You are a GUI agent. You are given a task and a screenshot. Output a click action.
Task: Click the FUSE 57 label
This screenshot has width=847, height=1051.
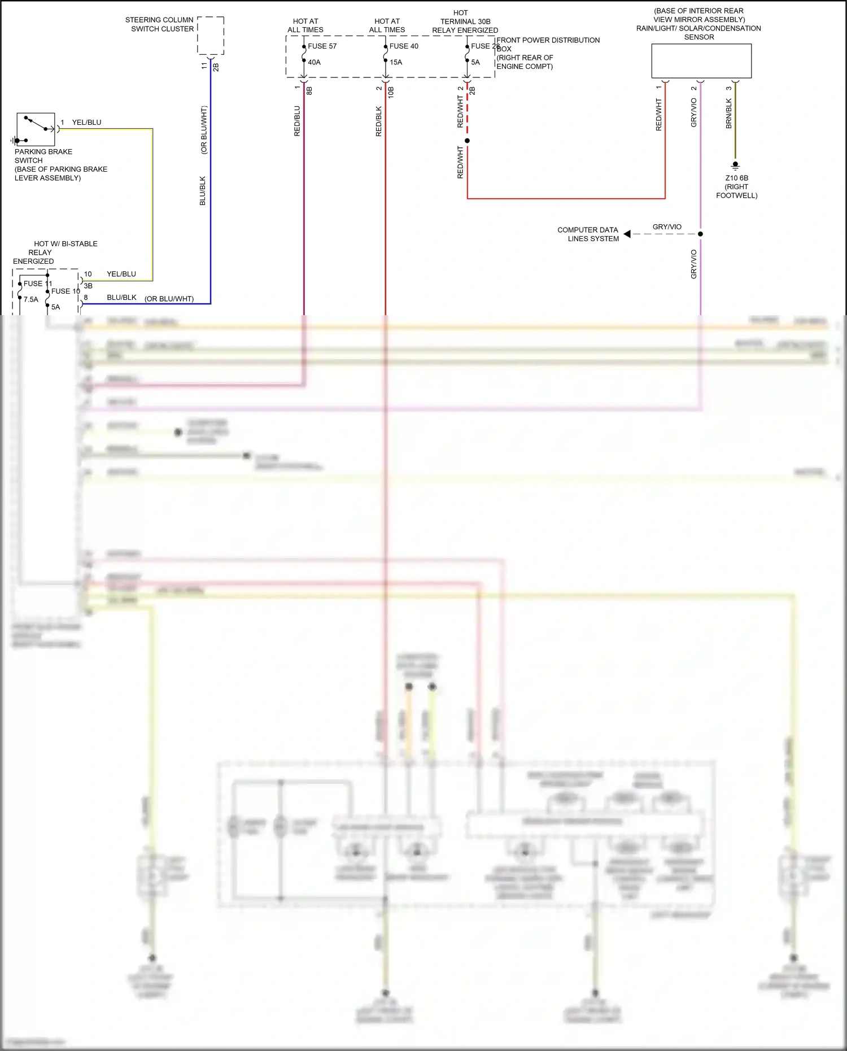(x=322, y=46)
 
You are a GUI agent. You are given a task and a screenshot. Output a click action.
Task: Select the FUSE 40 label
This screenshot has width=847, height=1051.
(x=404, y=46)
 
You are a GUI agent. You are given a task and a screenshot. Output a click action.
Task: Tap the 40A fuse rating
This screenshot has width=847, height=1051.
(x=314, y=62)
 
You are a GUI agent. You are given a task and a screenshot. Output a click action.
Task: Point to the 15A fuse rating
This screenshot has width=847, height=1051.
(x=396, y=62)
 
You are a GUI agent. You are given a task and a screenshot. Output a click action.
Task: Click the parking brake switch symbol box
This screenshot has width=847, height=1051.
(x=36, y=130)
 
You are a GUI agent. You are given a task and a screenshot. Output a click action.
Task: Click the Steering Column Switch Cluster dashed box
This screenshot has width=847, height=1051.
(x=211, y=36)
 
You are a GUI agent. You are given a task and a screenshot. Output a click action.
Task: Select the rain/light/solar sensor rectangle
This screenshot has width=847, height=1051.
(x=701, y=61)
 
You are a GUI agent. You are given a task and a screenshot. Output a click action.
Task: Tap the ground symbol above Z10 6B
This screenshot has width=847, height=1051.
(x=735, y=165)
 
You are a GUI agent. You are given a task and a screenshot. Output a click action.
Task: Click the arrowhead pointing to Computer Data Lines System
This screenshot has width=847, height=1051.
(x=627, y=234)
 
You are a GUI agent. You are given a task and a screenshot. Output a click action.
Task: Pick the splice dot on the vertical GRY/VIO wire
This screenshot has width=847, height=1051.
(x=700, y=234)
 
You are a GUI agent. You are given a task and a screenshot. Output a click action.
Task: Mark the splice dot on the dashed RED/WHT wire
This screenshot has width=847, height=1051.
(x=467, y=141)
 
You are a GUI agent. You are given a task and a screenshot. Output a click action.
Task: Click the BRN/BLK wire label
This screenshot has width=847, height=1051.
(x=728, y=114)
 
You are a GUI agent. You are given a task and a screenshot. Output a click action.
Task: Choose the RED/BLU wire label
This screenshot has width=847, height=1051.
(x=297, y=121)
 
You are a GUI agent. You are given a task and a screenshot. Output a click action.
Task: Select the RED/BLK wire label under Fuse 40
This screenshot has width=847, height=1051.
(x=378, y=121)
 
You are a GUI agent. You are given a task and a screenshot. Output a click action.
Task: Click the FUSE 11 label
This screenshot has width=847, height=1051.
(x=37, y=284)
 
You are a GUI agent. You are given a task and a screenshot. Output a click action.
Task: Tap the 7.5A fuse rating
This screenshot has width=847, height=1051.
(x=31, y=299)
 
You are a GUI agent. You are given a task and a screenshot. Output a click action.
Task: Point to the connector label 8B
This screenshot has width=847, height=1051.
(x=309, y=90)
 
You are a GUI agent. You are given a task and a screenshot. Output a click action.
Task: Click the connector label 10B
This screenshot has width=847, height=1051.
(x=391, y=92)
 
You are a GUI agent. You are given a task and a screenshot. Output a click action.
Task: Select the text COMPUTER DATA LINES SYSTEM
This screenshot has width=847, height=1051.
(x=588, y=234)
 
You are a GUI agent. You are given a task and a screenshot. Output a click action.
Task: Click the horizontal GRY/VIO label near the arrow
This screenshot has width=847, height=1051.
(x=667, y=227)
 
